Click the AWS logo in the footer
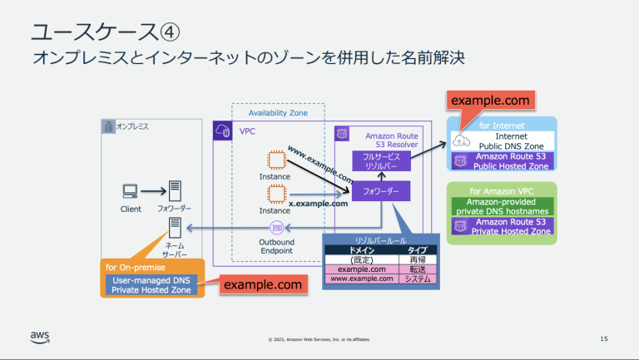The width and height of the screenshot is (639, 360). [x=40, y=336]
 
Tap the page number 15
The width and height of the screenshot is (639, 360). [x=604, y=338]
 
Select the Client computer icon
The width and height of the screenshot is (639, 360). [x=130, y=191]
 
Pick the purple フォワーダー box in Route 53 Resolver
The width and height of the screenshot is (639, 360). [x=381, y=192]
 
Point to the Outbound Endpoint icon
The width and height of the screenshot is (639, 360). [x=275, y=226]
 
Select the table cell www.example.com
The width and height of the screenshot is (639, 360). [x=363, y=279]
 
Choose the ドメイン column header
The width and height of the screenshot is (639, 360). [x=363, y=249]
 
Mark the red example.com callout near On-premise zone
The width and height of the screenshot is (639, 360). [x=262, y=285]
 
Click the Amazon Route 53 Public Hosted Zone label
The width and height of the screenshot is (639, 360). [x=511, y=161]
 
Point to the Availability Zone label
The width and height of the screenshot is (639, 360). [x=278, y=113]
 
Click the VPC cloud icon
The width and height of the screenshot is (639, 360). [x=222, y=130]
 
